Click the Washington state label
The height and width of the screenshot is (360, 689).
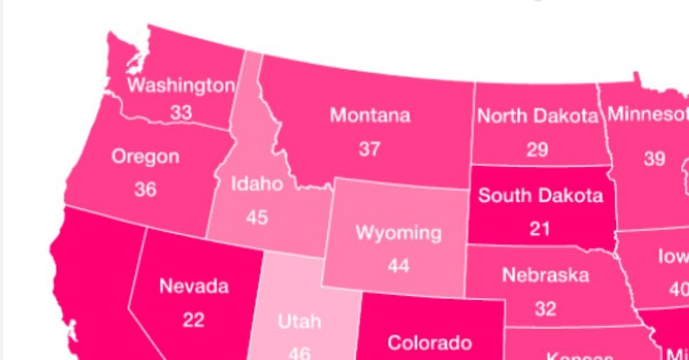coord(181,86)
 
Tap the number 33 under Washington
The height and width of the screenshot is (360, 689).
coord(181,112)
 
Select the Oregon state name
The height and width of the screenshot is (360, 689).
coord(146,157)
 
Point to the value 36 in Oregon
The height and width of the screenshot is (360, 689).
coord(145,189)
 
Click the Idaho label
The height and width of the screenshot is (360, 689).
coord(257,185)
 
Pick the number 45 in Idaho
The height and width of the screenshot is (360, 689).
coord(257,217)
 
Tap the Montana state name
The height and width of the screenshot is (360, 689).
coord(370,115)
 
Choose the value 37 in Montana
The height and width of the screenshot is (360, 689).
coord(370,148)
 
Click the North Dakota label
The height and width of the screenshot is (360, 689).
coord(538,116)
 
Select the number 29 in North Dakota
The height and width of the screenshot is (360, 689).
coord(537,149)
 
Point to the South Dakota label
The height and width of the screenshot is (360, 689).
coord(540,195)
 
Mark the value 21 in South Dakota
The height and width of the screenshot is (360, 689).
coord(539,228)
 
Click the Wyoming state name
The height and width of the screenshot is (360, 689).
coord(399,233)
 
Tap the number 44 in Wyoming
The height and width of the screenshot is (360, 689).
coord(399,266)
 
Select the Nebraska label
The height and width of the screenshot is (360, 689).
coord(546,275)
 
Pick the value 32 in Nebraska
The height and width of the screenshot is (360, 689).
coord(545,308)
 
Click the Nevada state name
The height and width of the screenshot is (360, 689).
coord(194,286)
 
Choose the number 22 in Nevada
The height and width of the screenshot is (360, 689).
coord(193,319)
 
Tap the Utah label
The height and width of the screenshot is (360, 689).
coord(300,322)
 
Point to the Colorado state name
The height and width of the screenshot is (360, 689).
coord(430,343)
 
